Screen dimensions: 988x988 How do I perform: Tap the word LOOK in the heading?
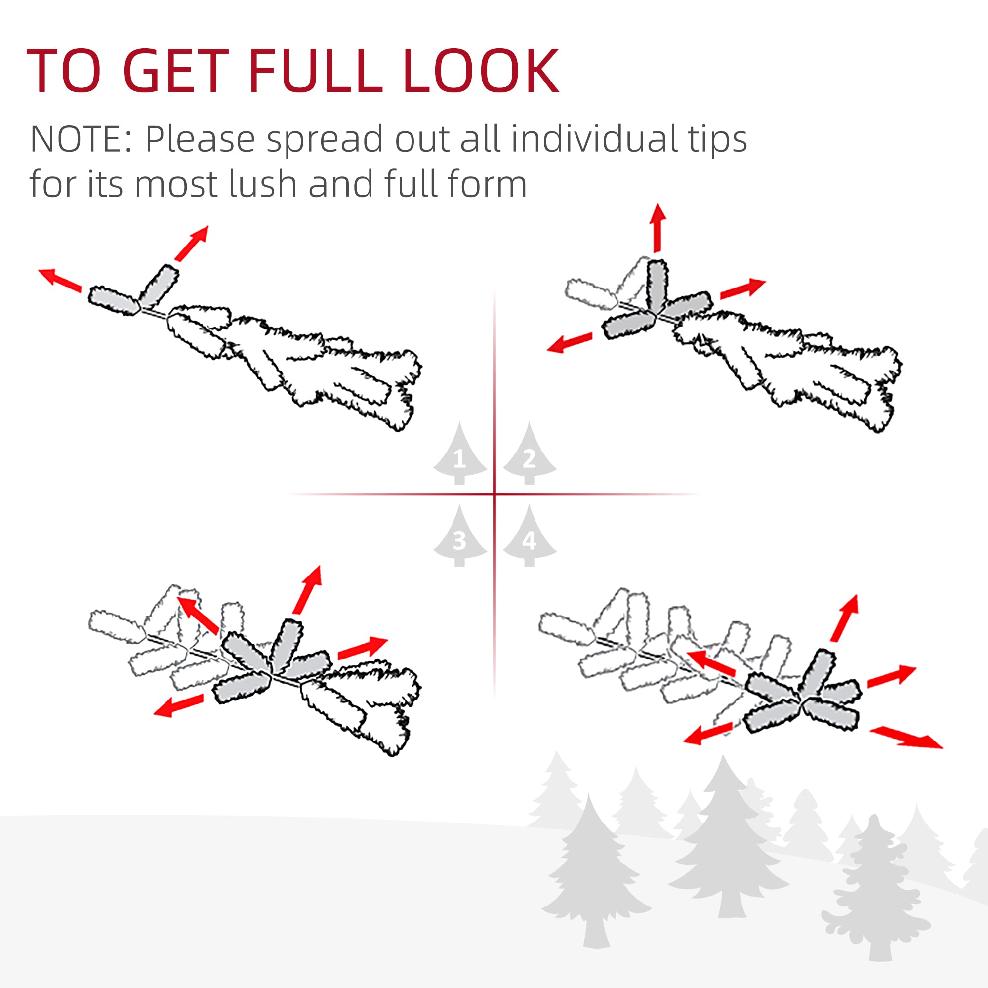[481, 71]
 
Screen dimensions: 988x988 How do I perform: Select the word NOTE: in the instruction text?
[82, 139]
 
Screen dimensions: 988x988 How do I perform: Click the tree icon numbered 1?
[459, 455]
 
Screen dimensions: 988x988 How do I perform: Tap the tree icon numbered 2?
[529, 455]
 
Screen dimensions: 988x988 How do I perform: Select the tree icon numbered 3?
[459, 537]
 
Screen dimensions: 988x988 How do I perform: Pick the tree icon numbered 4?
[529, 537]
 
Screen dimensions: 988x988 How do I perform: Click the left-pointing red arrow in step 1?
[60, 280]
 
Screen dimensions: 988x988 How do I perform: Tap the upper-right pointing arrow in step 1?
[192, 243]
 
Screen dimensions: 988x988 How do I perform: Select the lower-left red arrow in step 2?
[570, 343]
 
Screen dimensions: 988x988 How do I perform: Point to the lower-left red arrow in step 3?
[178, 706]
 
